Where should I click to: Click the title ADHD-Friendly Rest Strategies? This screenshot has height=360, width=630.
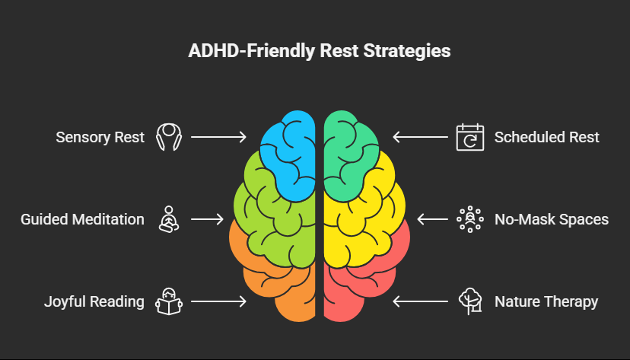point(314,53)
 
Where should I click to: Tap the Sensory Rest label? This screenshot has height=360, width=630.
point(100,138)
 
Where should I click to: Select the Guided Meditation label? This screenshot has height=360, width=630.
point(82,219)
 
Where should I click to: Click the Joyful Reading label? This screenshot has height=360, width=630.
point(94,301)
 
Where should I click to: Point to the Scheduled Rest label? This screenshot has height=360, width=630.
point(546,138)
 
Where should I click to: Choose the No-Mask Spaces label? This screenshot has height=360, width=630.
point(551,219)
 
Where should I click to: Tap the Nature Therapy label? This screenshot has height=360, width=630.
point(546,301)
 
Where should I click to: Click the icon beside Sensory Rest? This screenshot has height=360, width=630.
point(168,138)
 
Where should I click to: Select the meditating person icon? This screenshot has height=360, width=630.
point(168,219)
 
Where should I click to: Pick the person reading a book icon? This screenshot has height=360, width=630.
point(168,301)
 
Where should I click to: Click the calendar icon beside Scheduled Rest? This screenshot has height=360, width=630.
point(469,138)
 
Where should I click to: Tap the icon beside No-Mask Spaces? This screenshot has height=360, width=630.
point(469,219)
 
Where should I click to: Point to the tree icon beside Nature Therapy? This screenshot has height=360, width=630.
point(469,301)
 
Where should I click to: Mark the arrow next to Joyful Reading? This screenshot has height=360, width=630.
point(218,301)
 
